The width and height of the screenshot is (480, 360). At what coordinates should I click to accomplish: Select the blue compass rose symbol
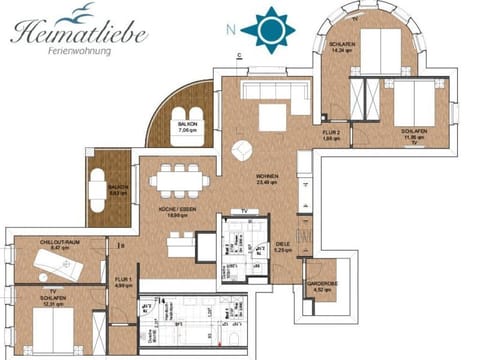pos(269,29)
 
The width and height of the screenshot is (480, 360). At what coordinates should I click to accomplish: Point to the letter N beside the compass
pos(232,29)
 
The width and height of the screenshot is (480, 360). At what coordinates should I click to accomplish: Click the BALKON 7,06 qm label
pos(189,128)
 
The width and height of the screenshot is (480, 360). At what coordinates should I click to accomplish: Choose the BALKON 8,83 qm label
pos(118,189)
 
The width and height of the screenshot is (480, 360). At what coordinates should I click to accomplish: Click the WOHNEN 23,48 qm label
pos(267,180)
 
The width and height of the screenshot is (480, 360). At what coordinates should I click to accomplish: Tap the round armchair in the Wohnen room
pos(243,151)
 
